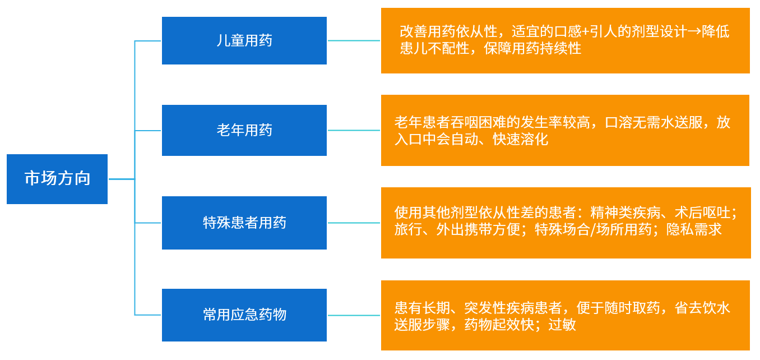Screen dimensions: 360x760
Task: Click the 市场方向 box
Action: click(57, 179)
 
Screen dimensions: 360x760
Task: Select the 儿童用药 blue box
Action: click(244, 40)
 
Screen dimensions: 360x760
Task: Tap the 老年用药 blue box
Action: click(244, 130)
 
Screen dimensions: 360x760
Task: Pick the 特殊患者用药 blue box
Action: click(244, 223)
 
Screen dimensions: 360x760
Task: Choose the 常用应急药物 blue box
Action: click(244, 315)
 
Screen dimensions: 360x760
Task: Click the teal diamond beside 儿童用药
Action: click(354, 40)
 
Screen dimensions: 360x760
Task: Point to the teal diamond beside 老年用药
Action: click(354, 130)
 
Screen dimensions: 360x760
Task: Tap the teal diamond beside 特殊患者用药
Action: click(354, 223)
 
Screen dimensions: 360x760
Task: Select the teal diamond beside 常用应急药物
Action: click(354, 315)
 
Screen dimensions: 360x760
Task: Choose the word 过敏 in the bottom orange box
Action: click(562, 325)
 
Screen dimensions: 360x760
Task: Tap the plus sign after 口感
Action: click(587, 32)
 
